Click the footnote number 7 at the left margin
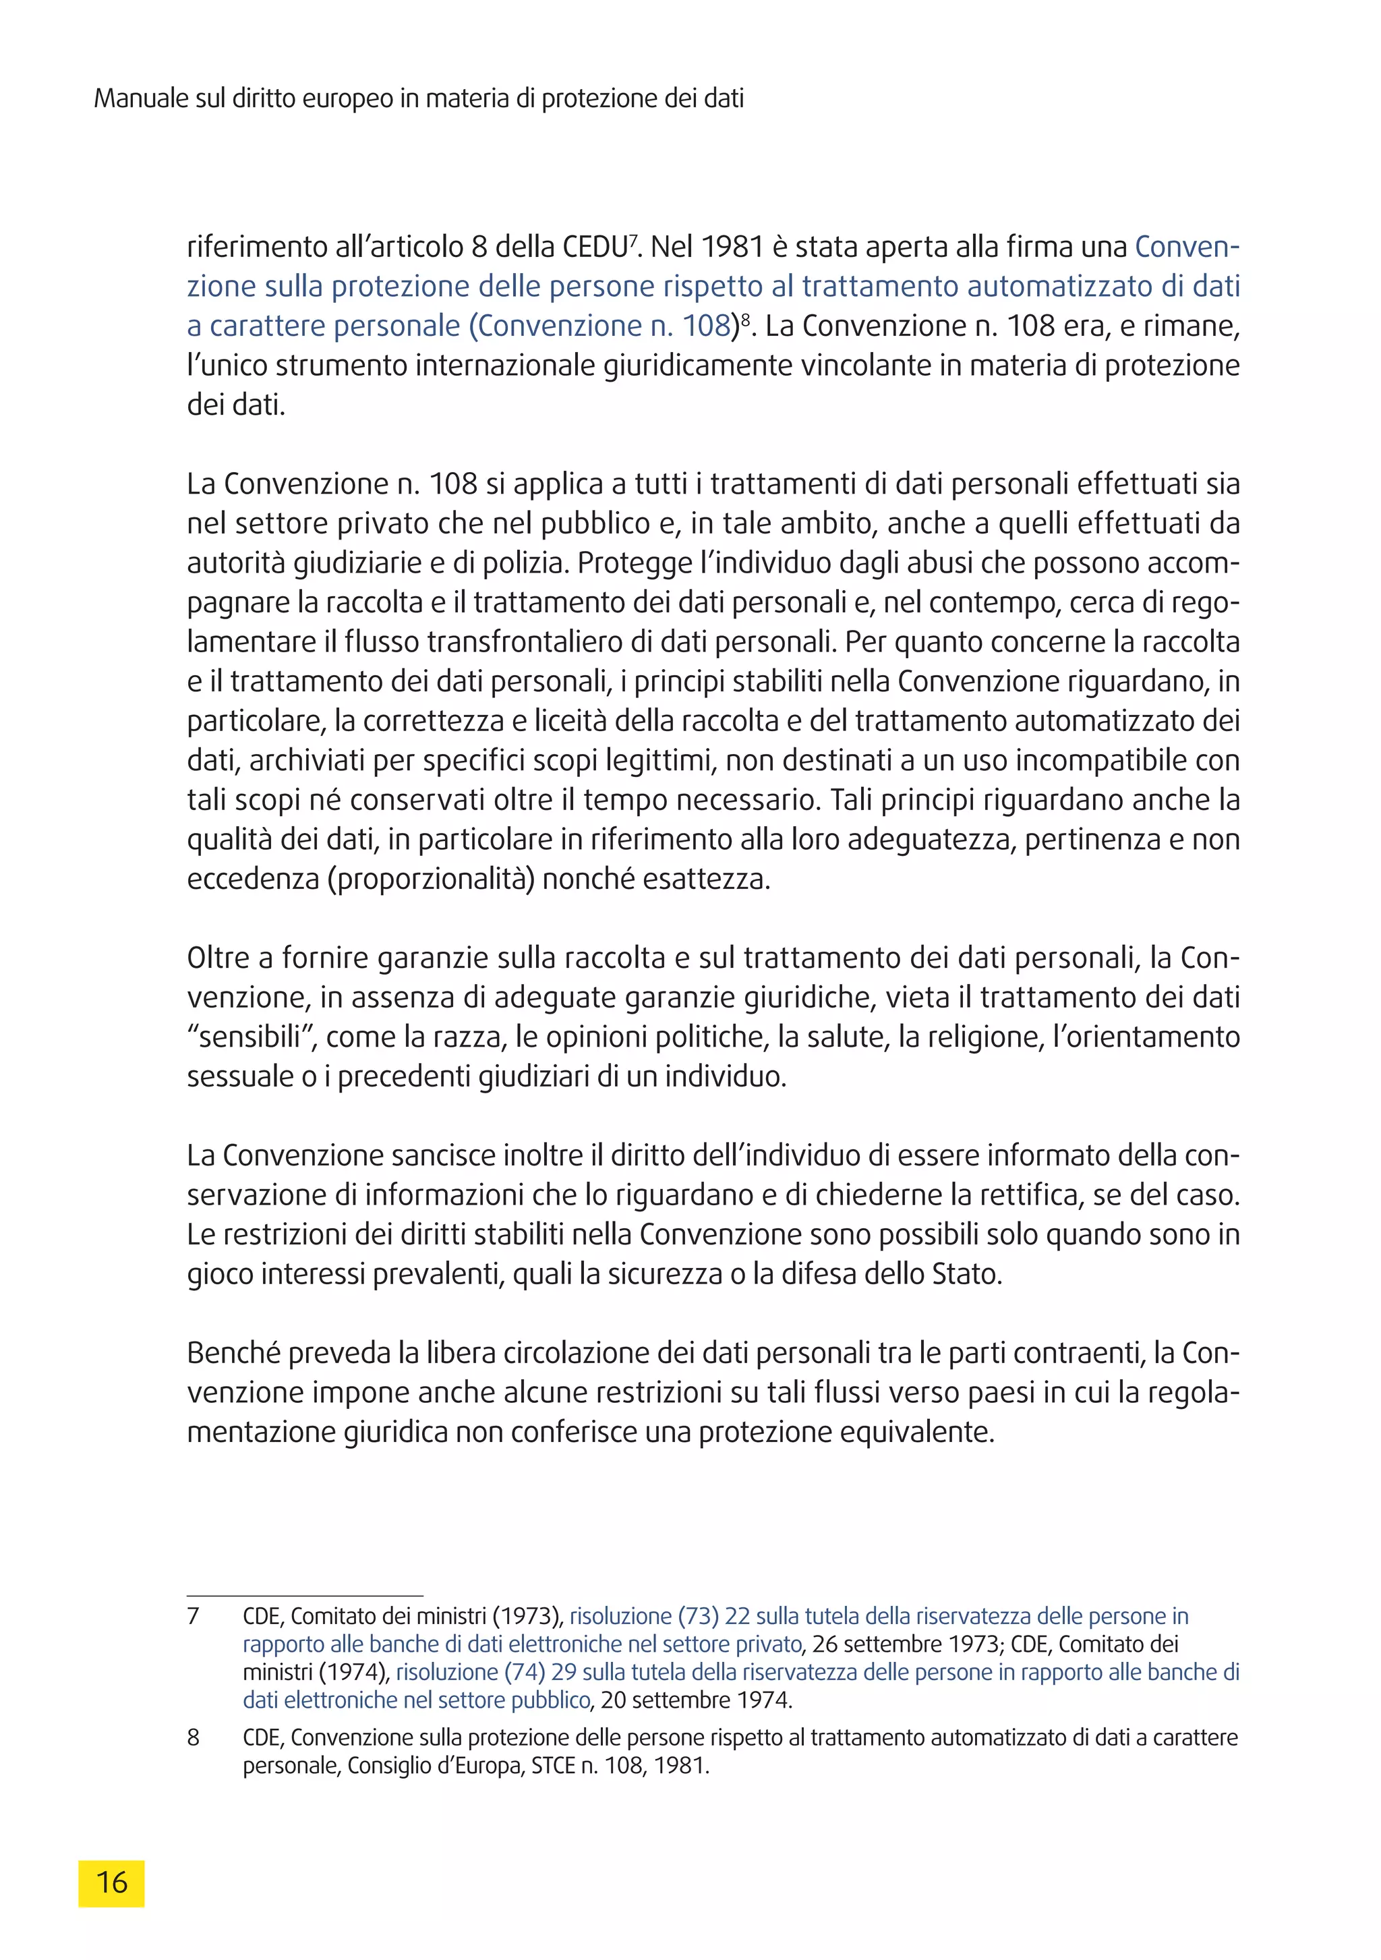tap(193, 1616)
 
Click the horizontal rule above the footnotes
tap(305, 1594)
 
